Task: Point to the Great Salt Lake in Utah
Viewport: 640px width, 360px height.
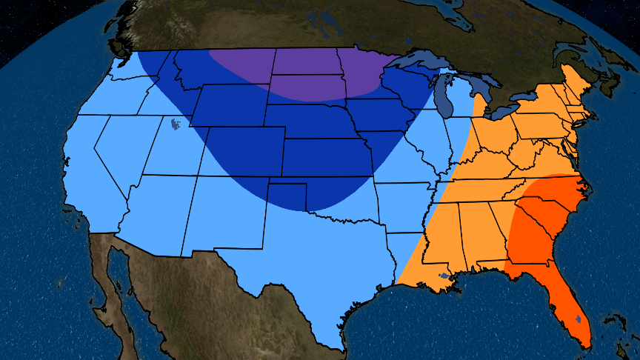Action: pos(175,124)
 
